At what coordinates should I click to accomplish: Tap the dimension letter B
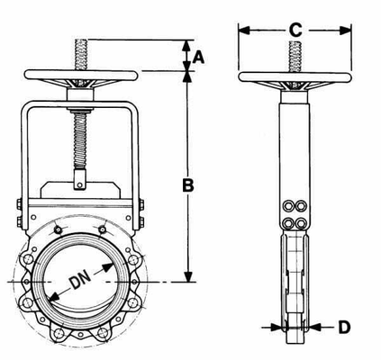[x=188, y=186]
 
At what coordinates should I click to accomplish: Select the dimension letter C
[x=295, y=30]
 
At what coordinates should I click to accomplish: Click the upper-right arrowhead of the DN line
[x=115, y=263]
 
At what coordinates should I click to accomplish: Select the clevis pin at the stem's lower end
[x=79, y=185]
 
